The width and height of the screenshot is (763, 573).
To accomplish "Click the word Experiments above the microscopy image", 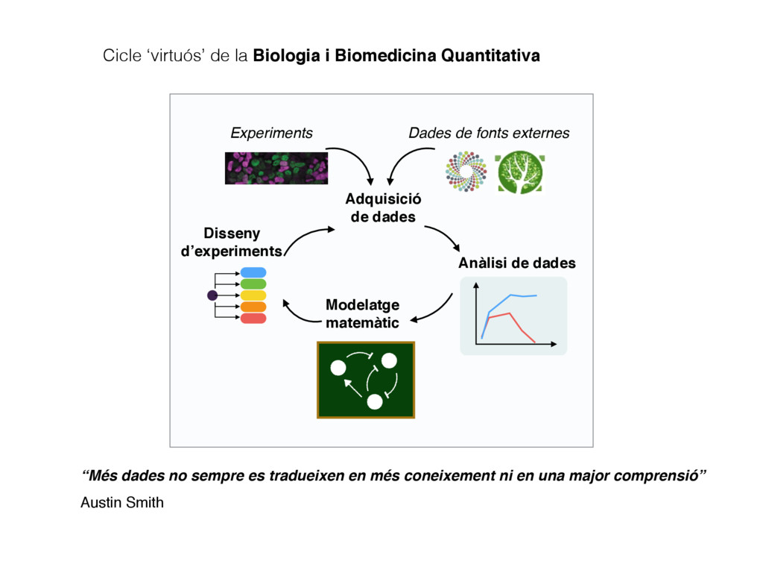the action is (271, 133).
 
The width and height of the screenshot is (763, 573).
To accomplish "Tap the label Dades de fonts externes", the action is (489, 133).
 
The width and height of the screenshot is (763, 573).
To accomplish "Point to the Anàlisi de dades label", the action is (517, 263).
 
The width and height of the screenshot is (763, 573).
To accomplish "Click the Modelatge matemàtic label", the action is (363, 313).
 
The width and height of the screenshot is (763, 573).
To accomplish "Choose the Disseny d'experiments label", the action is (231, 242).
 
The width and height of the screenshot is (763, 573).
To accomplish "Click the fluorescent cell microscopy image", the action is (276, 168).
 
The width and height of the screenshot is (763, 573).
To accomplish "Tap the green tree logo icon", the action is (519, 172).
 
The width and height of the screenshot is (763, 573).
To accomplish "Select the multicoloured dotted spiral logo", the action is (466, 172).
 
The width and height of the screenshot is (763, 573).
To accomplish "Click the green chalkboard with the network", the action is (365, 381).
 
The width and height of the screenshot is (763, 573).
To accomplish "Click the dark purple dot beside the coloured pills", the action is (212, 295).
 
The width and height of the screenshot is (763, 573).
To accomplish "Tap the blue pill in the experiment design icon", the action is (253, 272).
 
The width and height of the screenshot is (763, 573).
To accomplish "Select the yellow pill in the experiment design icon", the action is (253, 295).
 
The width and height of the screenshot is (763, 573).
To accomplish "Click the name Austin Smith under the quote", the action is (122, 502).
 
